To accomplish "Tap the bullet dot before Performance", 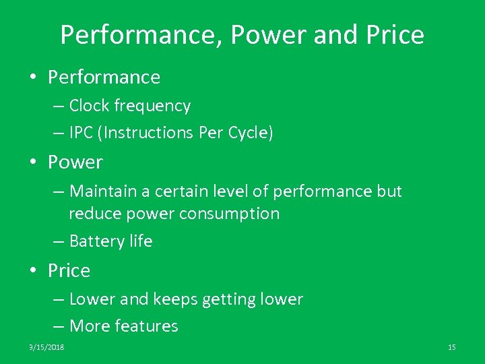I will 33,78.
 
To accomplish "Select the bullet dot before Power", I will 33,162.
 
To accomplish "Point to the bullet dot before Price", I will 33,271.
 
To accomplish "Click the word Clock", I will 90,106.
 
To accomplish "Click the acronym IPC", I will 83,133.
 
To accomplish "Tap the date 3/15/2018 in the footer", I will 46,346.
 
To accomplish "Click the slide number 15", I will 451,346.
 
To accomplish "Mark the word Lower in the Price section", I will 90,299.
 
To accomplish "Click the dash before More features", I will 58,326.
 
